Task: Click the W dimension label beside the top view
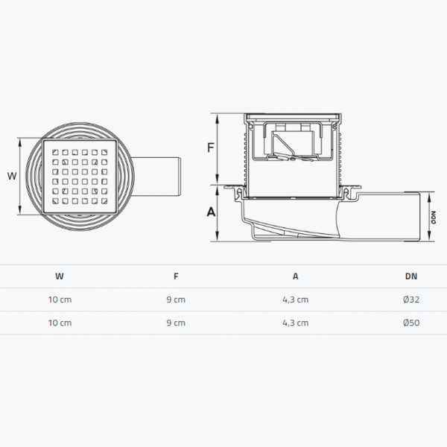click(10, 177)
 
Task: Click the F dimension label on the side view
click(211, 148)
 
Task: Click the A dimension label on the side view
click(211, 212)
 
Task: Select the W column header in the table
click(59, 276)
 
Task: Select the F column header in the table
click(176, 276)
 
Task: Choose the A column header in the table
click(295, 276)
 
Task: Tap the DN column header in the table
click(410, 276)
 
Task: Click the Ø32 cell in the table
click(410, 299)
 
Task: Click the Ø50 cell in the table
click(410, 323)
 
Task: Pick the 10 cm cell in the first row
click(59, 299)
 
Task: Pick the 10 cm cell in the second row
click(59, 323)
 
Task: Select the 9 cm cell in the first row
click(176, 299)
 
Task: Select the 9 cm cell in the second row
click(176, 323)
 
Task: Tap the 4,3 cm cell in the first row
click(295, 299)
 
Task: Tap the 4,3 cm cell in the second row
click(295, 323)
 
